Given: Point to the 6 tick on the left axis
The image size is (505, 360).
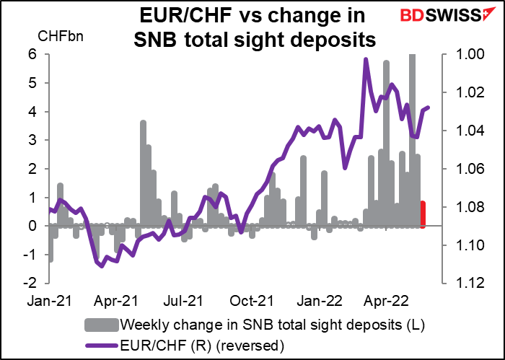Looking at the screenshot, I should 32,54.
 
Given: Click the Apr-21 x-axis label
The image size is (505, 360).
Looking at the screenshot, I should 117,297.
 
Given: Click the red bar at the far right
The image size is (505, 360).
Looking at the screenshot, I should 423,214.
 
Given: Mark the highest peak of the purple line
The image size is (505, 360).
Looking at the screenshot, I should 366,60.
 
